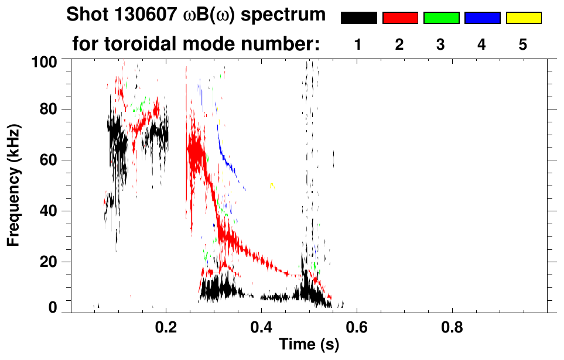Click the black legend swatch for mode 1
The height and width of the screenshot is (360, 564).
pyautogui.click(x=358, y=18)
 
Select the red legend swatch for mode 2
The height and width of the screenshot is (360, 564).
pyautogui.click(x=400, y=18)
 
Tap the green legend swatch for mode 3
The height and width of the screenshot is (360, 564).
pyautogui.click(x=441, y=18)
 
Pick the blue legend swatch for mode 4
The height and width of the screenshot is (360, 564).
pyautogui.click(x=482, y=18)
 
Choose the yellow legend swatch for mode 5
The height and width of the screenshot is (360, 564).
pyautogui.click(x=524, y=18)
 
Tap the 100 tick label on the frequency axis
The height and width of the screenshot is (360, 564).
pyautogui.click(x=45, y=61)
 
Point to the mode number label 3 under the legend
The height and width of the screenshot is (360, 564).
pyautogui.click(x=441, y=45)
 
